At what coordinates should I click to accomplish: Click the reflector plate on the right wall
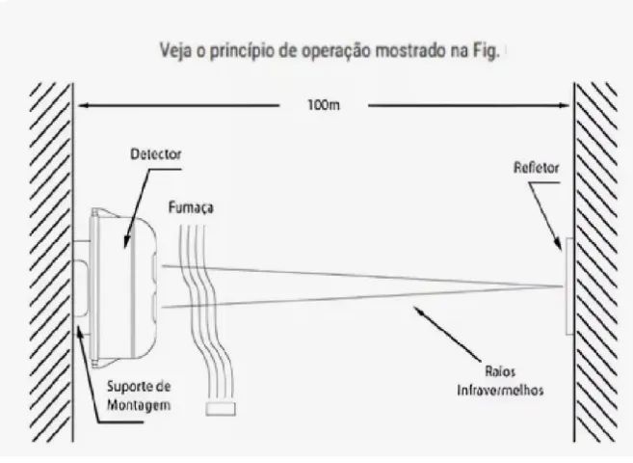coord(569,286)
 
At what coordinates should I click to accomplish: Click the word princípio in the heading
coord(246,51)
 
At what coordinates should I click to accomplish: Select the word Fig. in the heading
coord(486,51)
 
